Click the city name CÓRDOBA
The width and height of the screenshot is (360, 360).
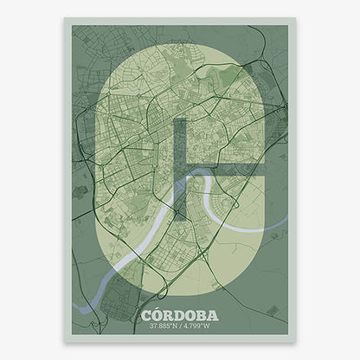tap(180, 314)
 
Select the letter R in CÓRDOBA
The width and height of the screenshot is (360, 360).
tap(170, 314)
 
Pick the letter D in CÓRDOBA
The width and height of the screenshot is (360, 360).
tap(182, 314)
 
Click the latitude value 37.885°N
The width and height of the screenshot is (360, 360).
tap(163, 325)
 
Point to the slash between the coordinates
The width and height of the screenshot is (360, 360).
tap(181, 325)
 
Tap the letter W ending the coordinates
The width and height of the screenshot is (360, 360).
tap(211, 325)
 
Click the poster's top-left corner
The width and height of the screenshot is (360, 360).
tap(64, 17)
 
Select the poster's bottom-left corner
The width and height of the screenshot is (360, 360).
tap(64, 343)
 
